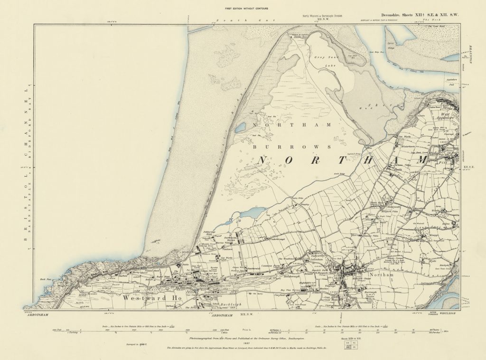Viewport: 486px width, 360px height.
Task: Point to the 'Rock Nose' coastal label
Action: [x=45, y=279]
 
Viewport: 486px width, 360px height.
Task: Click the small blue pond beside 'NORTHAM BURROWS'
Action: [x=241, y=128]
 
